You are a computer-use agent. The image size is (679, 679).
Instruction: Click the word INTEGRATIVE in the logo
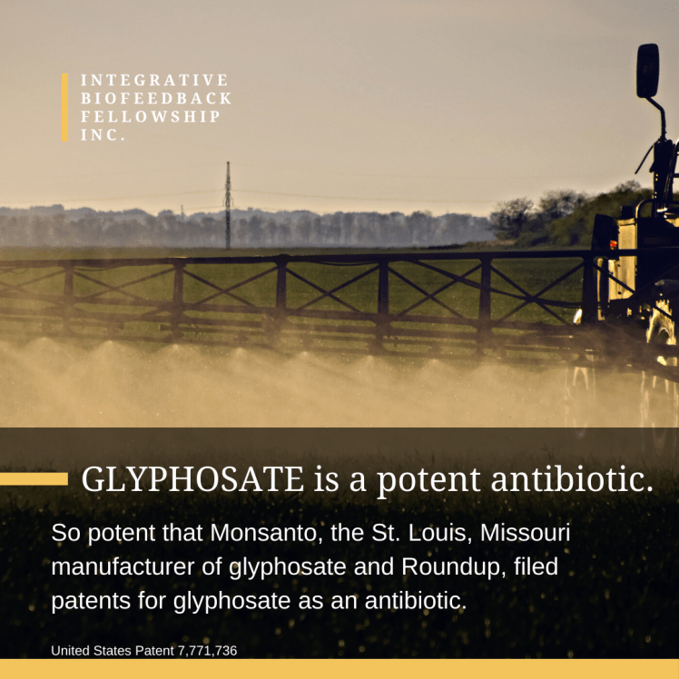click(154, 81)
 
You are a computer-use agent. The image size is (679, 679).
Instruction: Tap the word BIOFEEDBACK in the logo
click(156, 99)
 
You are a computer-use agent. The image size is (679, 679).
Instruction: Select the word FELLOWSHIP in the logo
click(151, 117)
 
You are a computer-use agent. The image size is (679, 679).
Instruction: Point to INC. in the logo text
click(103, 135)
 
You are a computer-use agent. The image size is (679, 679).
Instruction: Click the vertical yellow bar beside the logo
click(65, 107)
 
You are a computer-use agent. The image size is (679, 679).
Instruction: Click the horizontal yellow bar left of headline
click(34, 478)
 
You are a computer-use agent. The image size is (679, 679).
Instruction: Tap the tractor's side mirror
click(647, 71)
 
